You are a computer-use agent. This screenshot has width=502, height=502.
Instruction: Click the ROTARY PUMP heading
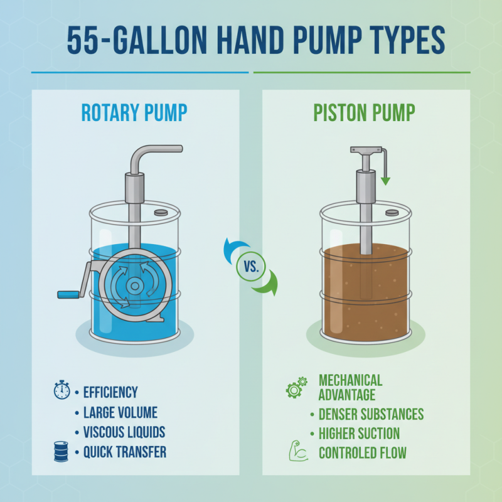coord(134,113)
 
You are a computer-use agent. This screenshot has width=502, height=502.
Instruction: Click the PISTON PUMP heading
coord(364,113)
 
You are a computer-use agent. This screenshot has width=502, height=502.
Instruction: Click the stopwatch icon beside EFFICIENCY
coord(61,390)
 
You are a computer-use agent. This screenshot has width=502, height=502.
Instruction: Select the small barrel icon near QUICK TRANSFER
coord(61,452)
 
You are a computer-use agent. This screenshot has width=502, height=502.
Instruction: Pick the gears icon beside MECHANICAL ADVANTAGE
coord(296,387)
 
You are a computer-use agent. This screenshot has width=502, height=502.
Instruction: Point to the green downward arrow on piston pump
coord(385,170)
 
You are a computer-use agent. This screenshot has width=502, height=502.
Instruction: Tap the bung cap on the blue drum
coord(160,212)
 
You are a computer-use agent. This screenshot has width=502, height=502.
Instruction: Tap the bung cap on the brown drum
coord(392,212)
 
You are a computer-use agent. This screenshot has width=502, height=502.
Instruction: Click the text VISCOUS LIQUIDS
coord(124,432)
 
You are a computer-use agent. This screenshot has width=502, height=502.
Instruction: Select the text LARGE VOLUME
coord(120,412)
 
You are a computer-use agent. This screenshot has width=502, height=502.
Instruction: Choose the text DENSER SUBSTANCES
coord(371,414)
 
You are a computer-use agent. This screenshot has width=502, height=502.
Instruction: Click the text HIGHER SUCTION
coord(359,434)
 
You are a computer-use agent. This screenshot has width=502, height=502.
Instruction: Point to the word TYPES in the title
coord(397,41)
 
